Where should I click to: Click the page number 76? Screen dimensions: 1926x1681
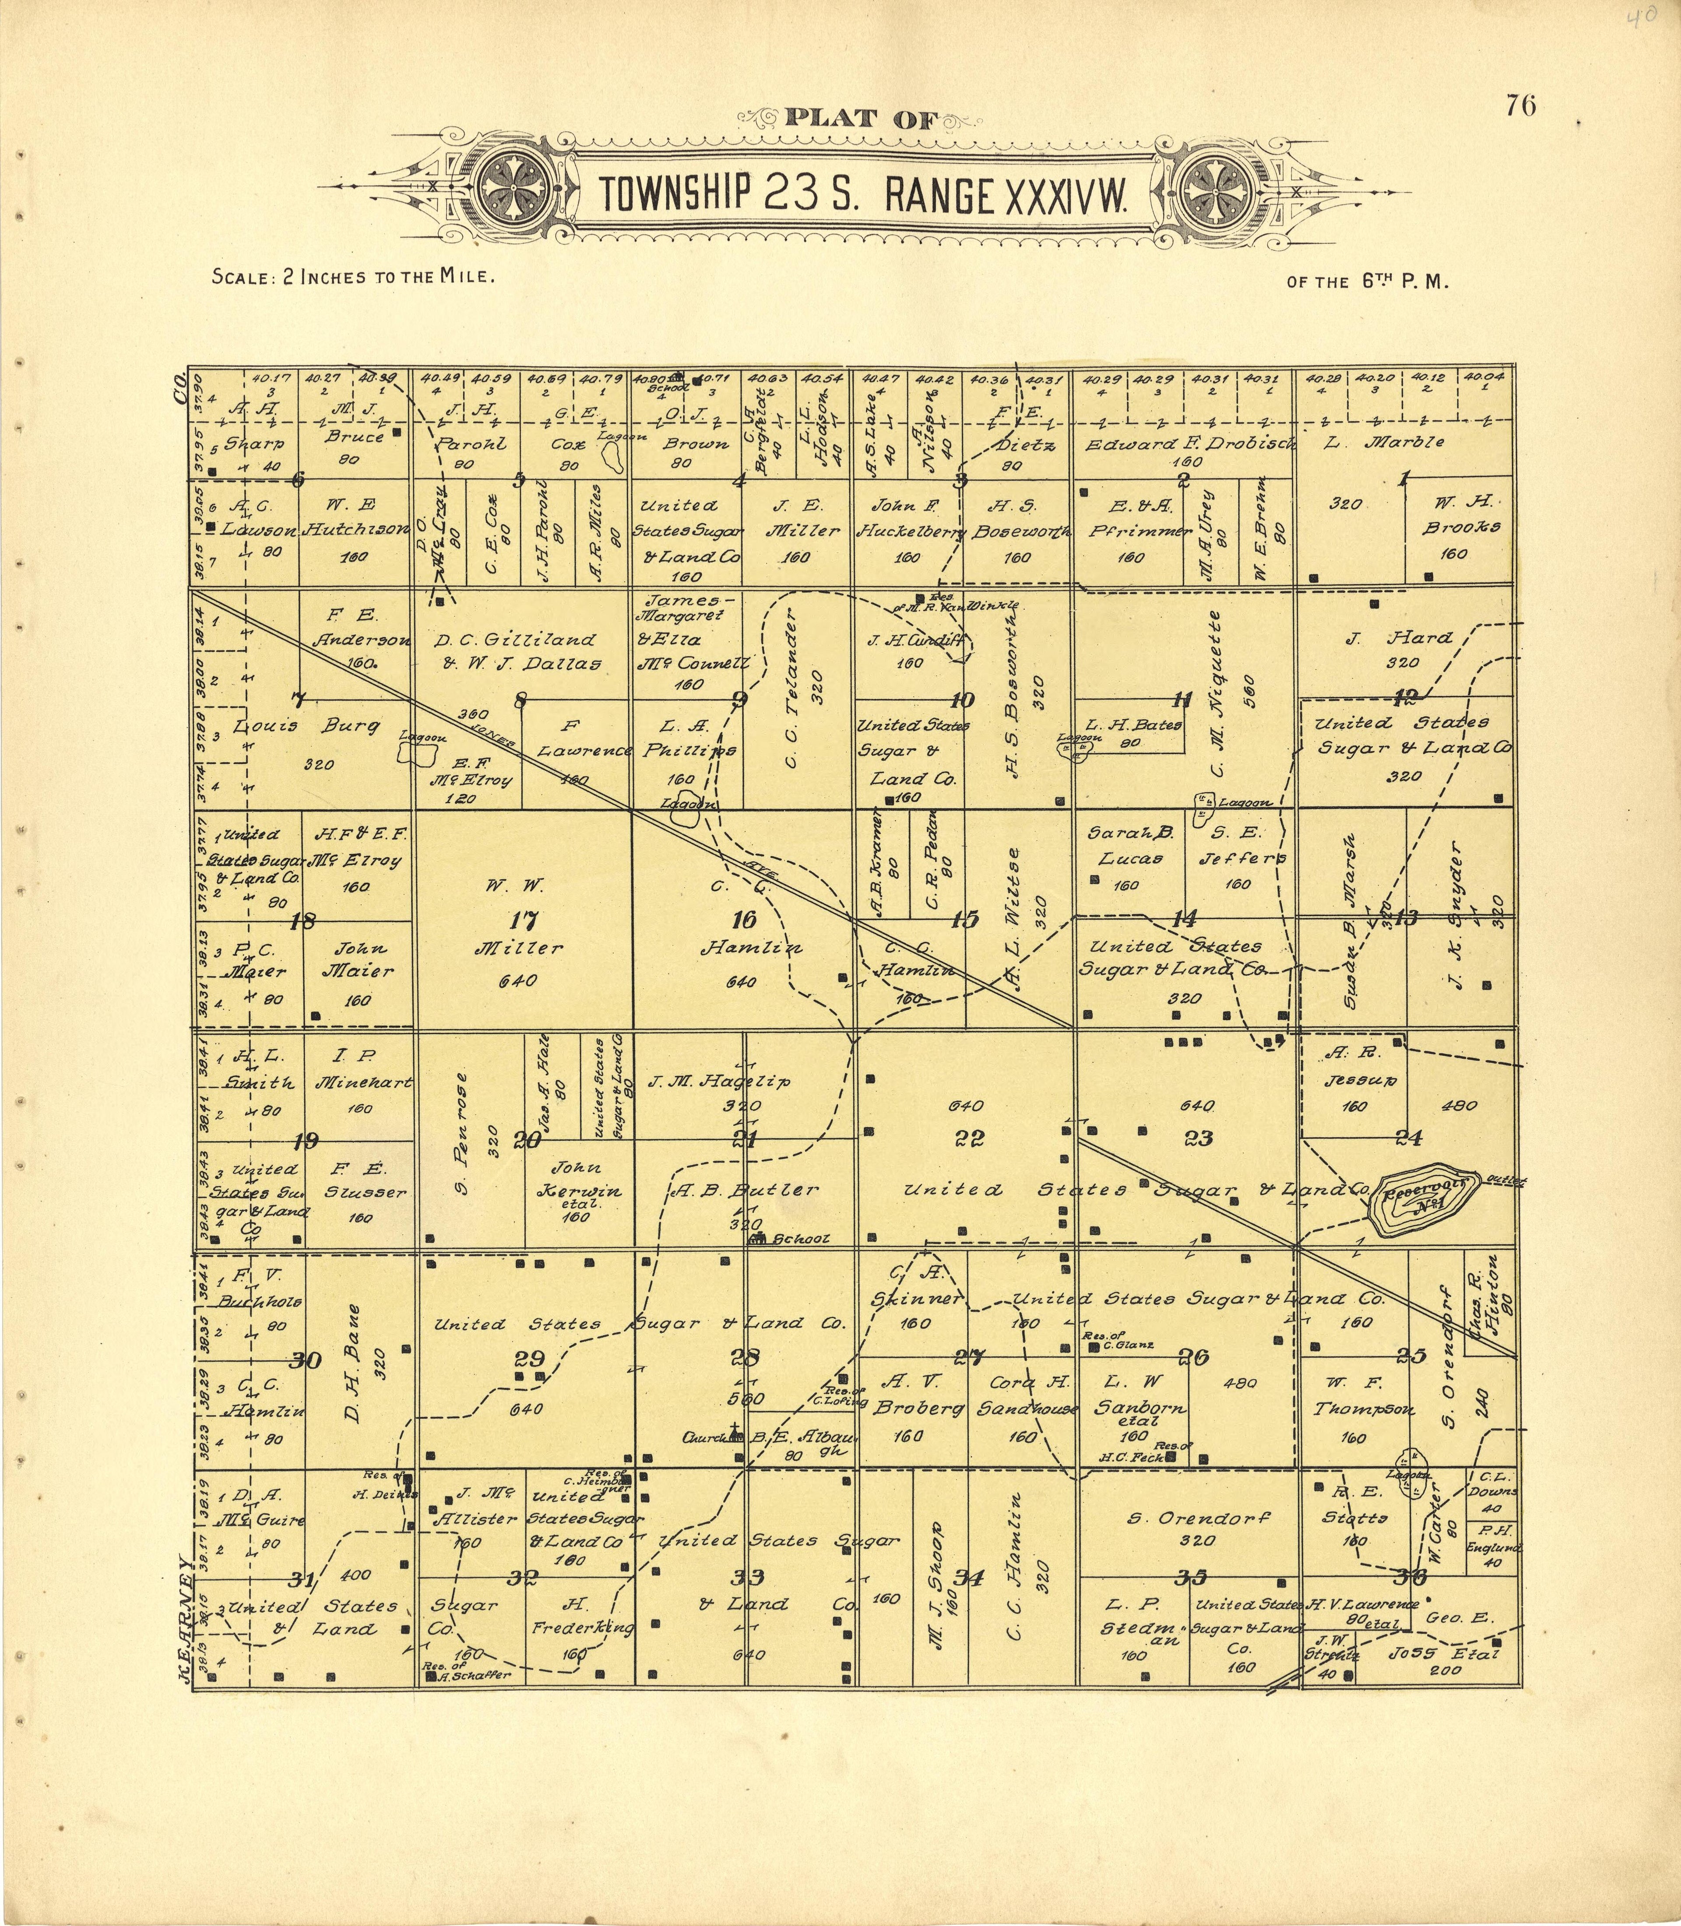point(1521,106)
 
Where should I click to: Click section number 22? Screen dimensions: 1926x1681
point(969,1138)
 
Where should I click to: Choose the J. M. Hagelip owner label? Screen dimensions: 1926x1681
point(731,1081)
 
